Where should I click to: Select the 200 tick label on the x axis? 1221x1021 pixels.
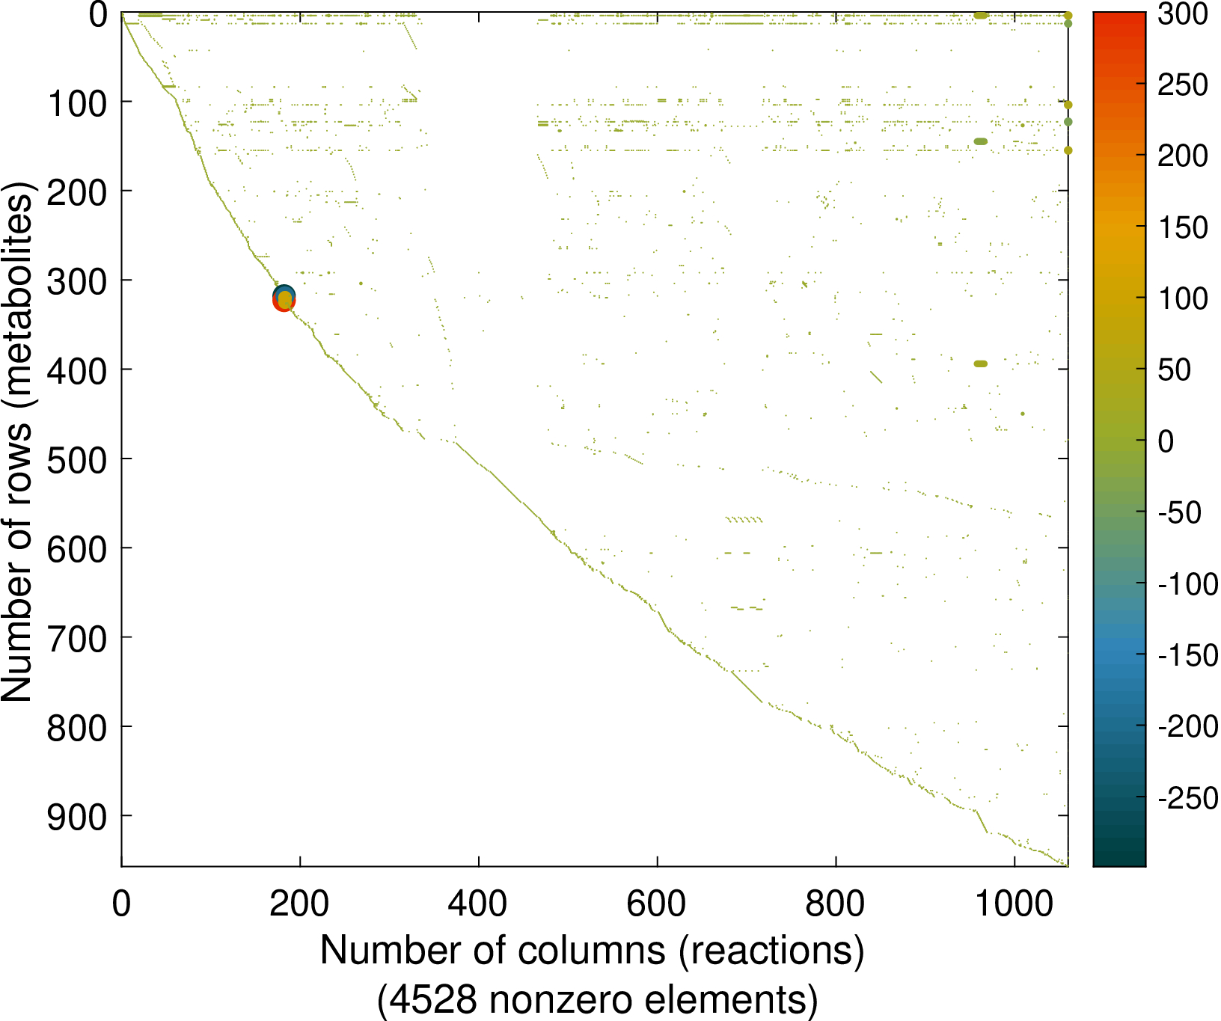point(299,904)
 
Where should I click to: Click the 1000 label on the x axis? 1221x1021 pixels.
point(1015,904)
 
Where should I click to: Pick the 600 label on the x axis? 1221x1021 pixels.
point(657,904)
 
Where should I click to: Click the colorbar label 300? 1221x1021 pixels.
point(1182,14)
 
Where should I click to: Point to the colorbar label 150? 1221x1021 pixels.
point(1182,228)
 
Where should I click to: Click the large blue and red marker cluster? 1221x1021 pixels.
point(284,298)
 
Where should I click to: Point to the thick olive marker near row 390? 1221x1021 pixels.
point(980,364)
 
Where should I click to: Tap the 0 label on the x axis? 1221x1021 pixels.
point(121,904)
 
